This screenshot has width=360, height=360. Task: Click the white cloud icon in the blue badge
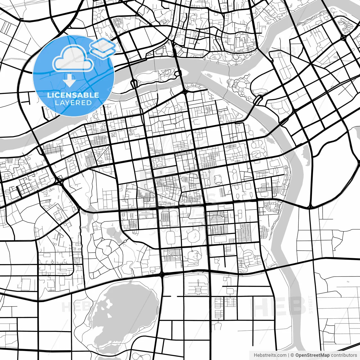click(73, 58)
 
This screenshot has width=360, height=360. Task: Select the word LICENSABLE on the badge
click(73, 95)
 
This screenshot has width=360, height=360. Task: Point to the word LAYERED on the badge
click(73, 103)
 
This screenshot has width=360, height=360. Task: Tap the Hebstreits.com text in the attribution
click(270, 355)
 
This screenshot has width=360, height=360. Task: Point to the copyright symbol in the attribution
click(292, 355)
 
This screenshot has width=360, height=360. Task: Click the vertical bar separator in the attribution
click(289, 355)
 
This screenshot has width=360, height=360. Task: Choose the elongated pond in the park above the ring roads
click(112, 232)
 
